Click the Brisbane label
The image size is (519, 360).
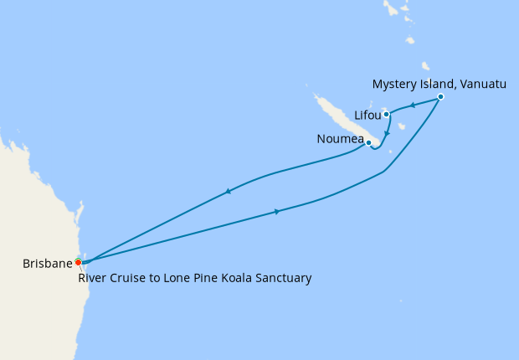47,263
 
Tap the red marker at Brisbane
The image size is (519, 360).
78,262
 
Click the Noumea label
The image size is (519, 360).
340,139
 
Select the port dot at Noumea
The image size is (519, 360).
368,142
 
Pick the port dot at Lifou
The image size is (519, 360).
386,114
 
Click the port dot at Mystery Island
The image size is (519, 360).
440,97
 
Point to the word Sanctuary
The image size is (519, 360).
280,278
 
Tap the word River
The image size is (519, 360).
93,278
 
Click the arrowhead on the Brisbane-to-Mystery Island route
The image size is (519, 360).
276,211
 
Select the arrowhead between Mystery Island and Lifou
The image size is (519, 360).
413,105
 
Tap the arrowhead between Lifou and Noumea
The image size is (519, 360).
386,132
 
